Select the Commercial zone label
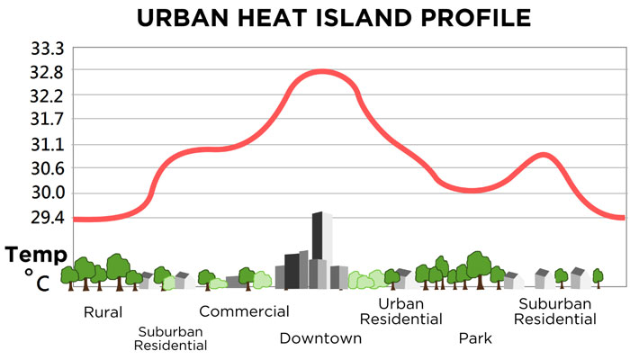[244, 311]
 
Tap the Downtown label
[320, 338]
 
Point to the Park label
[475, 338]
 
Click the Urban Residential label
[400, 310]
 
